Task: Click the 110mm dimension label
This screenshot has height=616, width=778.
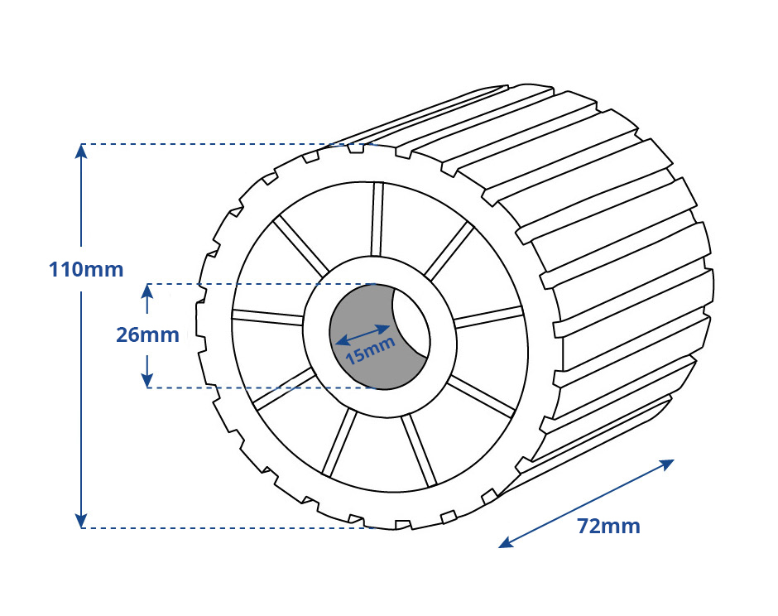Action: [x=86, y=270]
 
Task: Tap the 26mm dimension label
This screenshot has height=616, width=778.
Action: [x=147, y=335]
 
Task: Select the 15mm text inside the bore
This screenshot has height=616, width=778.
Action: [x=371, y=350]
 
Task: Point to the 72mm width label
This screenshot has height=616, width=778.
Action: [x=608, y=526]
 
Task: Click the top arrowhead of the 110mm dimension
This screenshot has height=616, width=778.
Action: [x=81, y=151]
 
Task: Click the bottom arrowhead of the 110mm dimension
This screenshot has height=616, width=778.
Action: [x=81, y=520]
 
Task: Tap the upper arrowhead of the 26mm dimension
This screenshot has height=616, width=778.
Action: [x=146, y=291]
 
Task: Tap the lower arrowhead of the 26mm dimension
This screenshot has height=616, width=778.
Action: [x=146, y=379]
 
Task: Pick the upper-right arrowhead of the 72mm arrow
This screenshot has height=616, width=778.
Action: [x=666, y=464]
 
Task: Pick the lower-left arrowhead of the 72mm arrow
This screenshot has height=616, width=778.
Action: [x=507, y=542]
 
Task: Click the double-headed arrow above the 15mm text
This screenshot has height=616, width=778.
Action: [x=363, y=334]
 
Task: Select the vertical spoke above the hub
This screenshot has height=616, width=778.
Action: [x=377, y=219]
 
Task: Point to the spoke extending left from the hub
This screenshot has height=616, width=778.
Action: [x=267, y=316]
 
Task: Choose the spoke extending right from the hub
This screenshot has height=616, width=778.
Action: [x=489, y=317]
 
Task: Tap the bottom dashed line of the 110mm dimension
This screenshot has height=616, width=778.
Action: [x=228, y=527]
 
